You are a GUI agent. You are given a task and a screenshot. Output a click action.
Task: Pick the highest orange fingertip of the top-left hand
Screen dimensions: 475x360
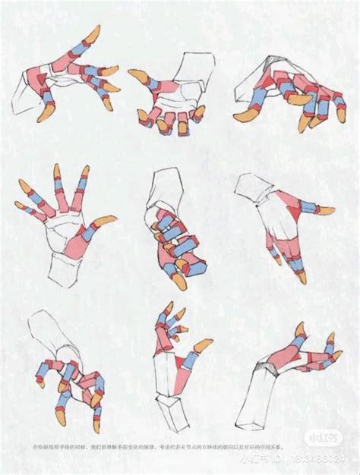click(94, 31)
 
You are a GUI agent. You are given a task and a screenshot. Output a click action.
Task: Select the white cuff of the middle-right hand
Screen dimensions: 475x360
click(255, 189)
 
